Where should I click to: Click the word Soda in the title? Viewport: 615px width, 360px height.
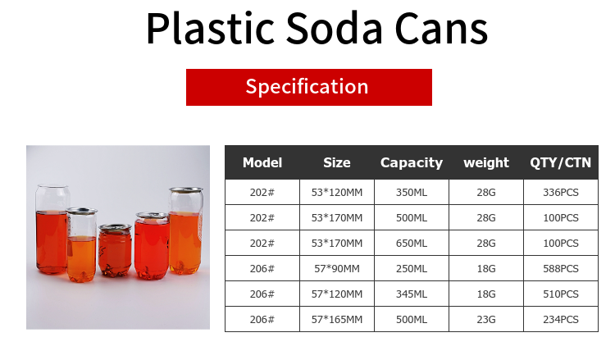click(334, 29)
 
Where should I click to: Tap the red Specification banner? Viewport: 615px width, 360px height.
click(309, 87)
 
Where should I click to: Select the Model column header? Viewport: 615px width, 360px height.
click(262, 162)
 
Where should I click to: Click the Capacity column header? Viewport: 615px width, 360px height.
click(412, 162)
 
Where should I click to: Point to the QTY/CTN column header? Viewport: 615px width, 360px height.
click(561, 162)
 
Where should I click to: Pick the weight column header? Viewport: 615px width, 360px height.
click(486, 162)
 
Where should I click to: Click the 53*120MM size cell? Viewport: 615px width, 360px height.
click(337, 192)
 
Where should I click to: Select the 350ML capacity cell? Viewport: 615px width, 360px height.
click(412, 192)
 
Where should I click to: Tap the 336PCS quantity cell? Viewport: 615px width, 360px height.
click(561, 192)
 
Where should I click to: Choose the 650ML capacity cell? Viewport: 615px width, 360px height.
click(412, 243)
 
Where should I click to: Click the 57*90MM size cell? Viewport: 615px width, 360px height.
click(337, 269)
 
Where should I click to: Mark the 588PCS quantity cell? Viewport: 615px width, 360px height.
click(561, 269)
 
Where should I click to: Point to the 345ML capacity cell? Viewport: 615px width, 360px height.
click(412, 294)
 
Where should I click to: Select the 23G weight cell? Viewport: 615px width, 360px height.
click(486, 320)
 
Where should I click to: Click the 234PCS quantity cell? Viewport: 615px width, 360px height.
click(561, 320)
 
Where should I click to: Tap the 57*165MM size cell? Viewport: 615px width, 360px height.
click(337, 320)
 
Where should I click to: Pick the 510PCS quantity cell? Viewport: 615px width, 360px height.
click(561, 294)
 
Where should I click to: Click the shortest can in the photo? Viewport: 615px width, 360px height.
click(115, 251)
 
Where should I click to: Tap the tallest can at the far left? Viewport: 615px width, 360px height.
click(52, 230)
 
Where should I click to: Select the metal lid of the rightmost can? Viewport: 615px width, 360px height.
click(186, 189)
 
